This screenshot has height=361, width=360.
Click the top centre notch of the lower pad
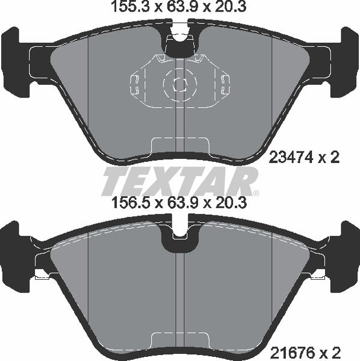178,241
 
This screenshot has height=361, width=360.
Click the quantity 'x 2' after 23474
328,158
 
